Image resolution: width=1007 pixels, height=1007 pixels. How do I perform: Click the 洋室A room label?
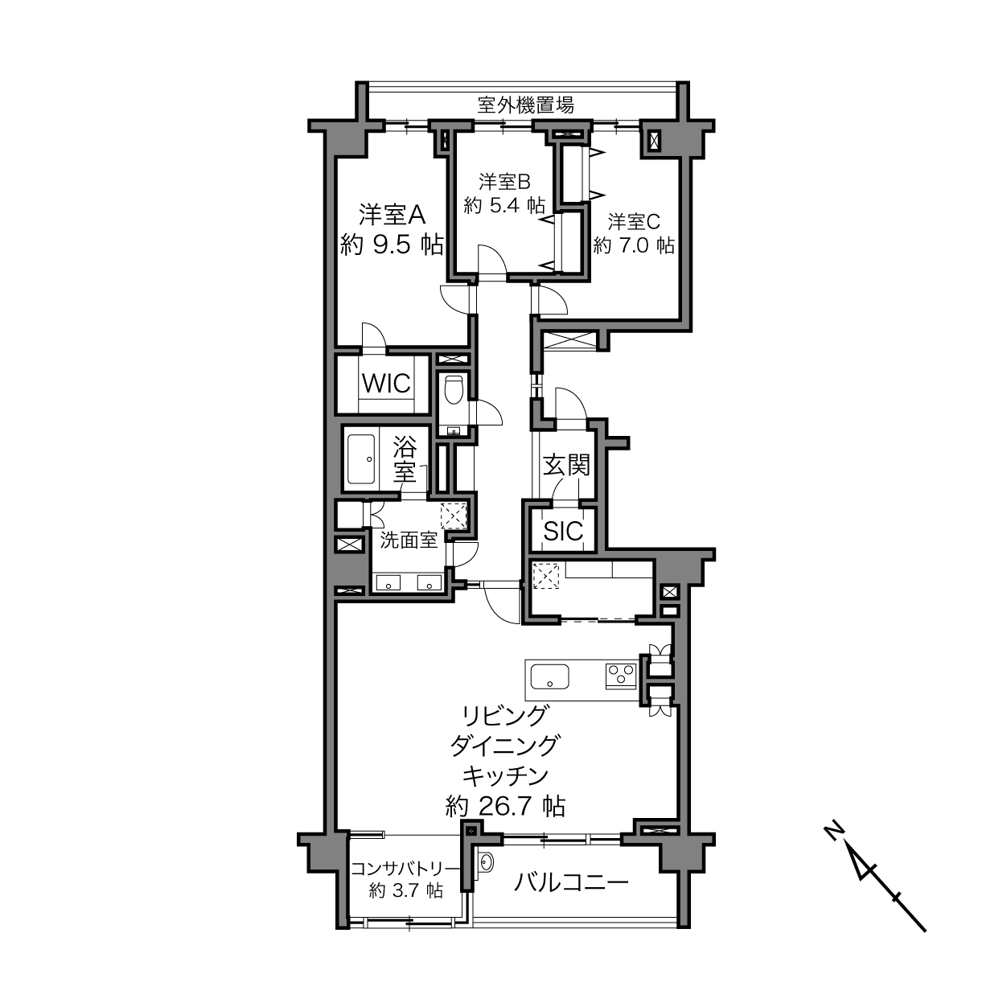[392, 215]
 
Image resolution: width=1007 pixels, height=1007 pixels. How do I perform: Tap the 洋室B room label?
[504, 182]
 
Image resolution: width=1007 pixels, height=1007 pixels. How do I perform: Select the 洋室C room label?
[633, 222]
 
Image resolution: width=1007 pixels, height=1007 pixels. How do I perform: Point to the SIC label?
[563, 532]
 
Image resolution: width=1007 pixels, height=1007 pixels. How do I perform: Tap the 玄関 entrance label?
[566, 465]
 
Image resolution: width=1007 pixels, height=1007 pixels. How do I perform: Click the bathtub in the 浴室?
[361, 459]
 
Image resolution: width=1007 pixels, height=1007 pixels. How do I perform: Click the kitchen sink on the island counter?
[550, 676]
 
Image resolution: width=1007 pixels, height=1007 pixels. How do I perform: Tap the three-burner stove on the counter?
[621, 676]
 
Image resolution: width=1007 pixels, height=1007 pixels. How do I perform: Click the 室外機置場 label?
[525, 105]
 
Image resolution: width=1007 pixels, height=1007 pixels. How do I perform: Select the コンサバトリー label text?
[405, 869]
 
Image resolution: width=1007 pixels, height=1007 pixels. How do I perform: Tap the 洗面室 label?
[408, 540]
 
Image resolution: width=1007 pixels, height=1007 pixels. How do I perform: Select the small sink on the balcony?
[486, 861]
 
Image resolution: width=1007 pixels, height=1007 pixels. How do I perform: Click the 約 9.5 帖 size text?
[392, 245]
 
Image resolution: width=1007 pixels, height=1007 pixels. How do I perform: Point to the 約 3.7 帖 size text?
[406, 890]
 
